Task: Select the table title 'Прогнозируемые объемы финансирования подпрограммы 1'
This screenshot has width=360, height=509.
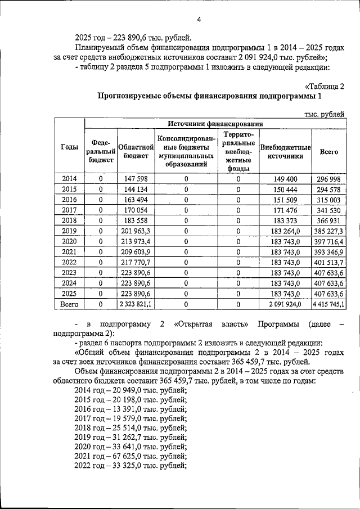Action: (x=210, y=96)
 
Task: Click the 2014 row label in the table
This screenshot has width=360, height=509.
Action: (x=69, y=179)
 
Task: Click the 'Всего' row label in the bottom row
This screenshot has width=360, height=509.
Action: (x=69, y=304)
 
